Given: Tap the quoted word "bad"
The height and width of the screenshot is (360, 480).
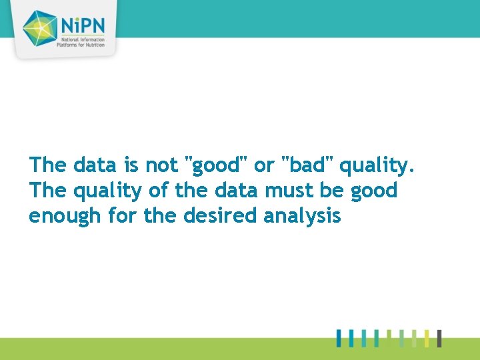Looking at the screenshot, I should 308,164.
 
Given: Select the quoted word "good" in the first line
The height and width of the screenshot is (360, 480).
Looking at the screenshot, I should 216,165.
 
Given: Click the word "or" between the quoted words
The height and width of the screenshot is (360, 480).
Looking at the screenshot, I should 265,165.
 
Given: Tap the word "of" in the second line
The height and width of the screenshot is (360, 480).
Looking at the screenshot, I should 157,191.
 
